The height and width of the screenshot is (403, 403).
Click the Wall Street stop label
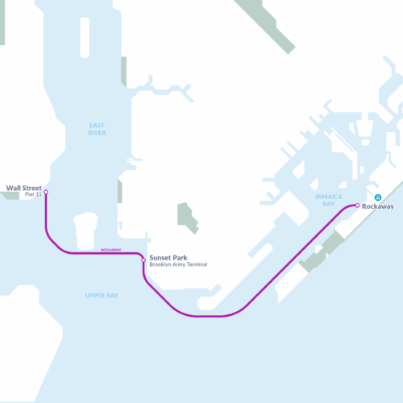(x=23, y=188)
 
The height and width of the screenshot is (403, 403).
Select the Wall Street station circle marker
(x=46, y=192)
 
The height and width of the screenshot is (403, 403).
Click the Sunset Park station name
(x=168, y=258)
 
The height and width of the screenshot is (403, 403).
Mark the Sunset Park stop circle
(x=143, y=260)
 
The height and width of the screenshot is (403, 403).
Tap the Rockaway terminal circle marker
(x=356, y=206)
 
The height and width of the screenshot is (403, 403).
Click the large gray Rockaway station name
(x=378, y=207)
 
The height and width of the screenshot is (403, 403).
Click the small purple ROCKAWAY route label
(x=111, y=250)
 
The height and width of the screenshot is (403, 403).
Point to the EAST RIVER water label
(x=97, y=128)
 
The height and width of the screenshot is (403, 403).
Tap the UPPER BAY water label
(x=102, y=296)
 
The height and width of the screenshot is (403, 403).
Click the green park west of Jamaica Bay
(x=188, y=215)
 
